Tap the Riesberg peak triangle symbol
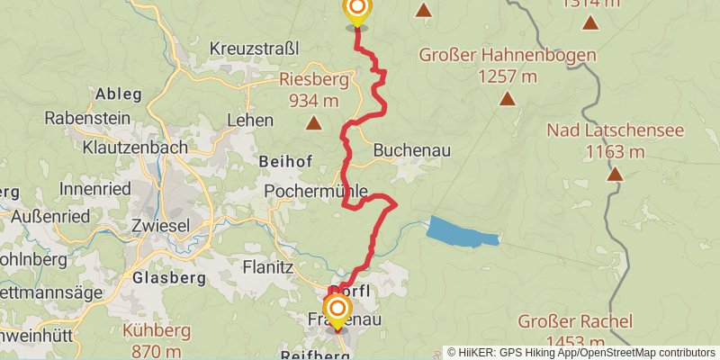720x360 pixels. (314, 122)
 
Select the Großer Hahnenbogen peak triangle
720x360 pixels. (508, 99)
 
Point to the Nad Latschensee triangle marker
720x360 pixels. (614, 173)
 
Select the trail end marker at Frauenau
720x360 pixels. (337, 311)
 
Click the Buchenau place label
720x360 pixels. (411, 150)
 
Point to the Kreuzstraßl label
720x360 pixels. (253, 48)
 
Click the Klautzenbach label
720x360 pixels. (135, 146)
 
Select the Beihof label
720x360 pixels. (285, 162)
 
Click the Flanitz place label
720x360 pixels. (268, 266)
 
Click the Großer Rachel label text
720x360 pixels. (575, 321)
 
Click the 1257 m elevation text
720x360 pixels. (508, 76)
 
